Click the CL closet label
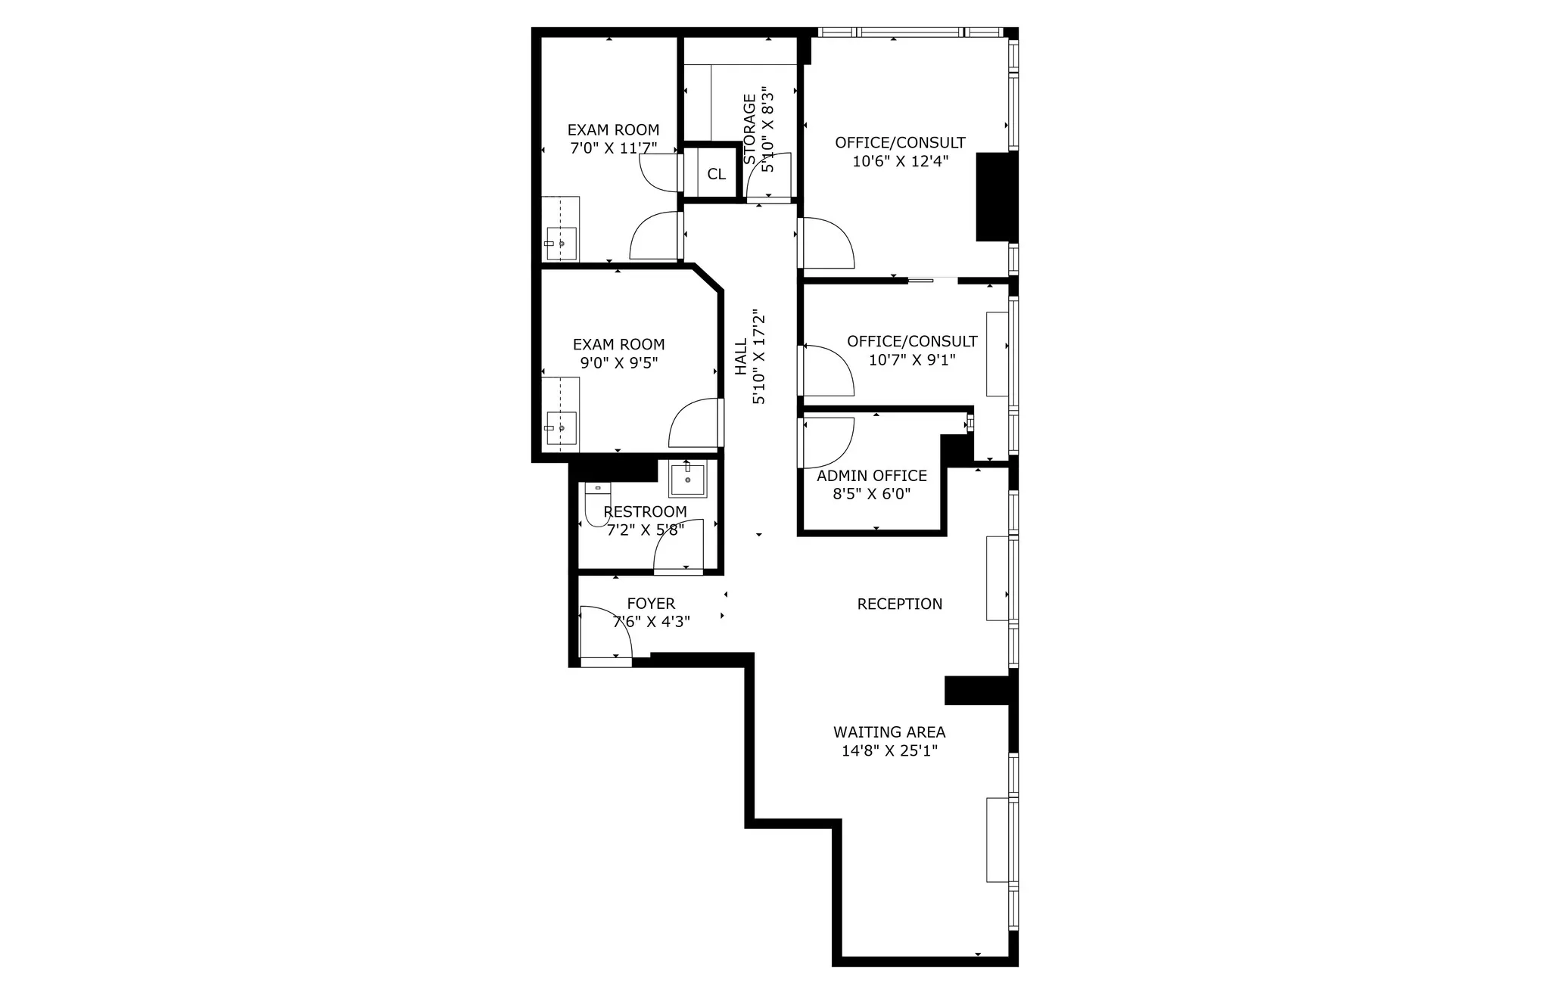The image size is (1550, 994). click(716, 174)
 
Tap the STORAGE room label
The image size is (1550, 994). click(749, 129)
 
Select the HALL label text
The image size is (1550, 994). click(741, 356)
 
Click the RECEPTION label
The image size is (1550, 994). click(900, 604)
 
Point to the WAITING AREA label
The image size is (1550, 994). click(889, 732)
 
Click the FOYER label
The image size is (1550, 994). click(651, 604)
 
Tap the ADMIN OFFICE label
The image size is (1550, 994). click(872, 476)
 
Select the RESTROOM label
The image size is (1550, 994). click(645, 512)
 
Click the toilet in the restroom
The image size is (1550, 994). click(596, 503)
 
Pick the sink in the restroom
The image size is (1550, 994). click(687, 480)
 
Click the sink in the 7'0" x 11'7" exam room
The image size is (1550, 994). click(561, 243)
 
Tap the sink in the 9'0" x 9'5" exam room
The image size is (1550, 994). click(561, 427)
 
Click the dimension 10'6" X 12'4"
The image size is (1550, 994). click(900, 161)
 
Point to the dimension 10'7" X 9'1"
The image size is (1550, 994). click(912, 360)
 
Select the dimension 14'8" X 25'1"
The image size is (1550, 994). click(889, 751)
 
